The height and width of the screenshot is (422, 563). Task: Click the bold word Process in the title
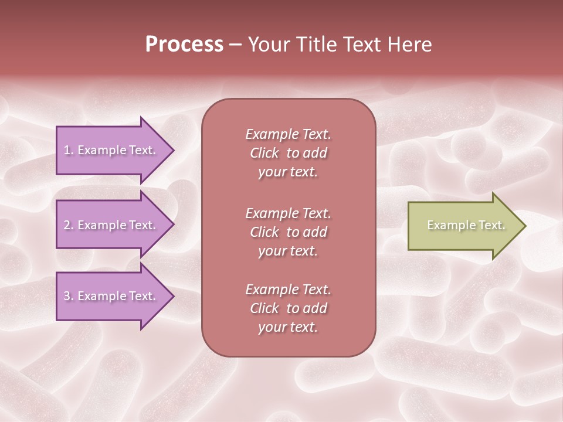click(184, 45)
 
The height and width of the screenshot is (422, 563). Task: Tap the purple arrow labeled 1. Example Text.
click(111, 150)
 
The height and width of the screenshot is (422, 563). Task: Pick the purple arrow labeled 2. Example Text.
click(111, 225)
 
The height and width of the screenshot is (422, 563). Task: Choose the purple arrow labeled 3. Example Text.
click(111, 296)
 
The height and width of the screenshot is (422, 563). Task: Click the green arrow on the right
click(463, 226)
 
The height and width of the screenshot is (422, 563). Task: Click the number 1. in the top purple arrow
click(69, 150)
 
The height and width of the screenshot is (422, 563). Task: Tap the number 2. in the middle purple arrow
click(69, 225)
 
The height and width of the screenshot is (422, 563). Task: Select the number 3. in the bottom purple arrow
click(69, 296)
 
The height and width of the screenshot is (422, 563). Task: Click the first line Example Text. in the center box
click(288, 134)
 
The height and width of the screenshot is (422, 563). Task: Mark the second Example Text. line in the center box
click(288, 213)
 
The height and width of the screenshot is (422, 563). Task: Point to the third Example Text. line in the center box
click(288, 290)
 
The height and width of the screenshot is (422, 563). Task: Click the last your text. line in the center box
click(288, 328)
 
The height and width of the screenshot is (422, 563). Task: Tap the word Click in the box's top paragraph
click(264, 154)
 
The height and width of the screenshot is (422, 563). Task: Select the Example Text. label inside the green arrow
click(466, 225)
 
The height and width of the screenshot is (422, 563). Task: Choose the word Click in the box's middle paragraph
click(264, 233)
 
